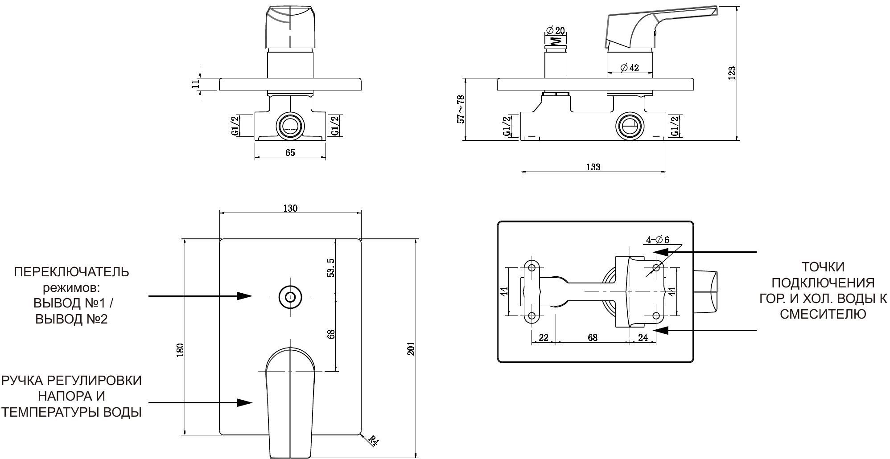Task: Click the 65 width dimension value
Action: [x=290, y=152]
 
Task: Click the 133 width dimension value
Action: [x=593, y=167]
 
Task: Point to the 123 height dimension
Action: [x=732, y=73]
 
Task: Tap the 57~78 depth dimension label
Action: [x=461, y=109]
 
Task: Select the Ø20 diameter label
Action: [x=555, y=30]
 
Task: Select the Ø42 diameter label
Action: [x=629, y=68]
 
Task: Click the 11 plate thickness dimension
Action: [x=195, y=84]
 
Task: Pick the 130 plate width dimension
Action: [x=290, y=208]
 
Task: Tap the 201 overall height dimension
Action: [x=411, y=348]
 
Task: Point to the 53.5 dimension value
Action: [x=331, y=267]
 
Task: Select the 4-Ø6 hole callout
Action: [x=658, y=240]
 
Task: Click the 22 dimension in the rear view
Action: [x=543, y=337]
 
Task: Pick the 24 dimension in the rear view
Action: [x=643, y=337]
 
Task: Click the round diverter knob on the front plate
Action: [x=290, y=296]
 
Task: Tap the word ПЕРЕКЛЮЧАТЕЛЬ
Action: [x=71, y=272]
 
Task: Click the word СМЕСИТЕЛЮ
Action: [x=823, y=314]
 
